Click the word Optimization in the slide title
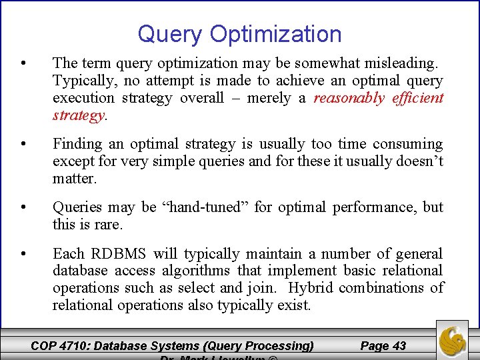(x=275, y=34)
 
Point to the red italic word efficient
(x=417, y=98)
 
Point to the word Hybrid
(x=312, y=288)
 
